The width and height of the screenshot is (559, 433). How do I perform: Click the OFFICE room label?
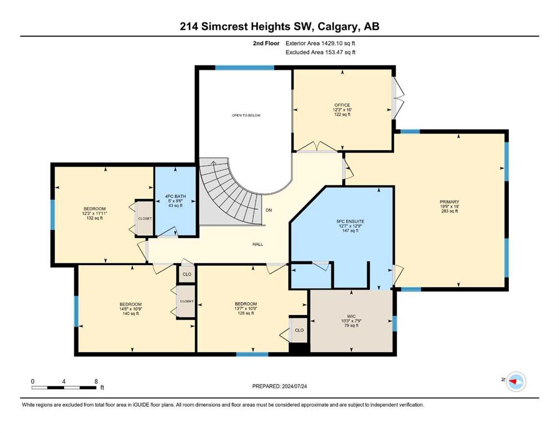(x=342, y=105)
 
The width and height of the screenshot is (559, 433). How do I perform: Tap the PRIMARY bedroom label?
(x=449, y=202)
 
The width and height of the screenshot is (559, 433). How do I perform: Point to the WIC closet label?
(x=351, y=316)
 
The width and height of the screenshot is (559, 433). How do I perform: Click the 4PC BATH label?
(x=176, y=196)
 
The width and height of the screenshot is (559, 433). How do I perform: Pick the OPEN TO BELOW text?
(x=246, y=116)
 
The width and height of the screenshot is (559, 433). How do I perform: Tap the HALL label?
(x=258, y=244)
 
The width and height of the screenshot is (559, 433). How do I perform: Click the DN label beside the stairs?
(x=269, y=210)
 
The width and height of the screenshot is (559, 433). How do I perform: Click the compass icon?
(x=516, y=382)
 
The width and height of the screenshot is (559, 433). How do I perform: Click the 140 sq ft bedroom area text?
(x=131, y=313)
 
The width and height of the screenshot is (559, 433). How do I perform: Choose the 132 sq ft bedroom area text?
(x=95, y=218)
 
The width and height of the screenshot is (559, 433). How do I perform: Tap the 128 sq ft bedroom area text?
(x=245, y=313)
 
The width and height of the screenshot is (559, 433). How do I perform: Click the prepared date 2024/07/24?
(x=294, y=386)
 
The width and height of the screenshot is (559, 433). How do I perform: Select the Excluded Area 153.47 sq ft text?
(x=320, y=52)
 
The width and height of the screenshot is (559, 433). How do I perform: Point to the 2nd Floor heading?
(x=266, y=43)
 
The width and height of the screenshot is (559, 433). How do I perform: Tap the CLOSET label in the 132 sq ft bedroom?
(x=145, y=218)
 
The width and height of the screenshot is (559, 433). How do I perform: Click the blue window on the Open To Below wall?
(x=244, y=68)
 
